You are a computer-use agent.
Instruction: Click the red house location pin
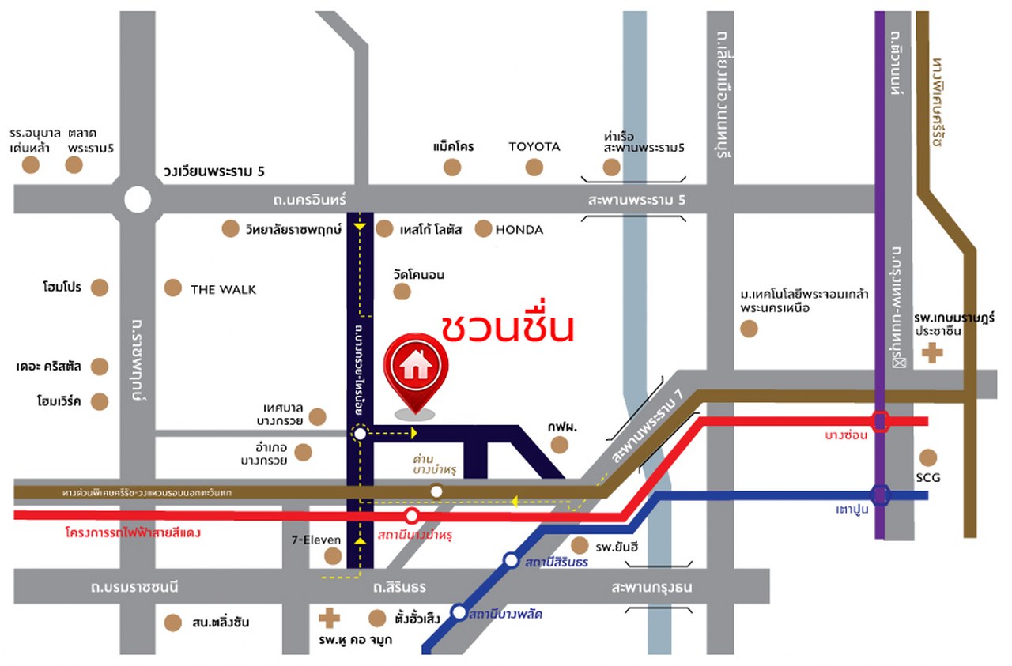415,367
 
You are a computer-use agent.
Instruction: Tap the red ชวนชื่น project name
506,327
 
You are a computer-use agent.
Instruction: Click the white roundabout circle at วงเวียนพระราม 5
138,199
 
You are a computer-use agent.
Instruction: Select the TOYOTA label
534,146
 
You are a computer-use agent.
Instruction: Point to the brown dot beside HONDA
483,229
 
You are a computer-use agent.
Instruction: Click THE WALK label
223,289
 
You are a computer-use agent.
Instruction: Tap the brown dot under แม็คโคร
452,167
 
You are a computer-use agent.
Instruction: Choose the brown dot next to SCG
928,457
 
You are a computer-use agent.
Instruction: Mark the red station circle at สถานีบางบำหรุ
412,517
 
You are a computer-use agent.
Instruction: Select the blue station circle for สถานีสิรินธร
512,561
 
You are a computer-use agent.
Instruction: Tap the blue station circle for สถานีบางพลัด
459,611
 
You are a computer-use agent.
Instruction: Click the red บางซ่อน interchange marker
881,421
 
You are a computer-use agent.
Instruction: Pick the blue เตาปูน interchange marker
881,495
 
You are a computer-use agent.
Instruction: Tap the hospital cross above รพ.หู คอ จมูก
327,618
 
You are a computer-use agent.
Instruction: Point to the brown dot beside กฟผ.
560,445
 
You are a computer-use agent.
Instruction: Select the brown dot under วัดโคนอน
402,292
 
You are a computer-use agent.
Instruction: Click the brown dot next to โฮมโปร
99,288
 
